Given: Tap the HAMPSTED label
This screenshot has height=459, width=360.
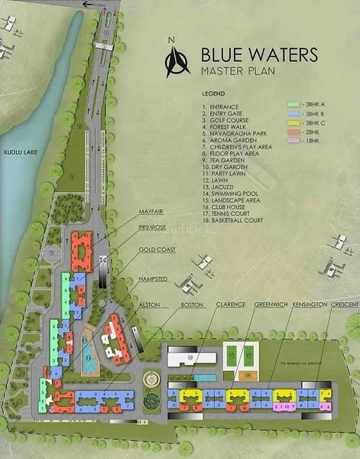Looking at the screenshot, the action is [154, 280].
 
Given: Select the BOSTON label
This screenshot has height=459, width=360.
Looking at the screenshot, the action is [191, 304].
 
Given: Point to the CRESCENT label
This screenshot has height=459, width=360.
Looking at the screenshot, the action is [344, 304].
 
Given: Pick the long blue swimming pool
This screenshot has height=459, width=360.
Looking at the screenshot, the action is [89, 351].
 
